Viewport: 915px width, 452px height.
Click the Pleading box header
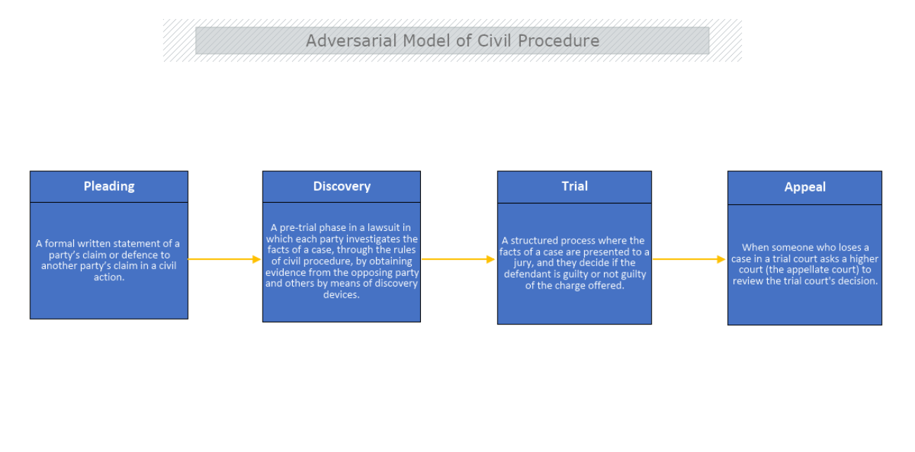point(108,187)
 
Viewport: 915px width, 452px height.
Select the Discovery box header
point(341,187)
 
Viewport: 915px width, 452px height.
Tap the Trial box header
point(574,187)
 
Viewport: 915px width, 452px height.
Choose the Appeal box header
point(804,187)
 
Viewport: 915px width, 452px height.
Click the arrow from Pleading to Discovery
point(225,259)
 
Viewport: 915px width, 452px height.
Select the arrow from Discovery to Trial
point(458,259)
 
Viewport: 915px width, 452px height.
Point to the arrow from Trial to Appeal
point(689,259)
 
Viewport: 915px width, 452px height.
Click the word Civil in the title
point(496,41)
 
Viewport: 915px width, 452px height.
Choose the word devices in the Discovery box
point(341,295)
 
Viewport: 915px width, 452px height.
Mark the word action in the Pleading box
point(108,277)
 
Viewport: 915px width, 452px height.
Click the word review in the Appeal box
point(747,281)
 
